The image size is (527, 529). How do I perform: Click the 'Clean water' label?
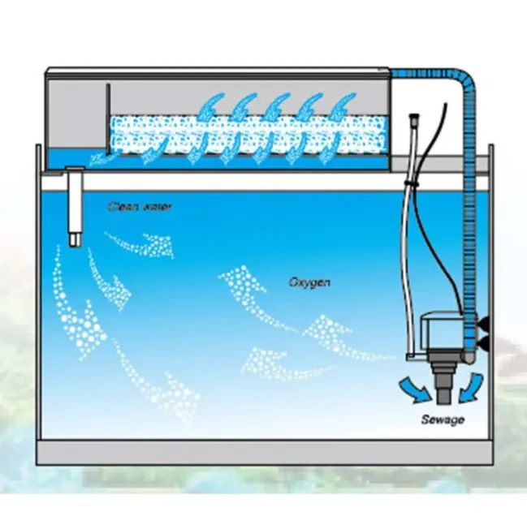coord(140,207)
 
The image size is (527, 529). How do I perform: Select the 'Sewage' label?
coord(442,419)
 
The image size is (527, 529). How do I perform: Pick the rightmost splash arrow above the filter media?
coord(348,108)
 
